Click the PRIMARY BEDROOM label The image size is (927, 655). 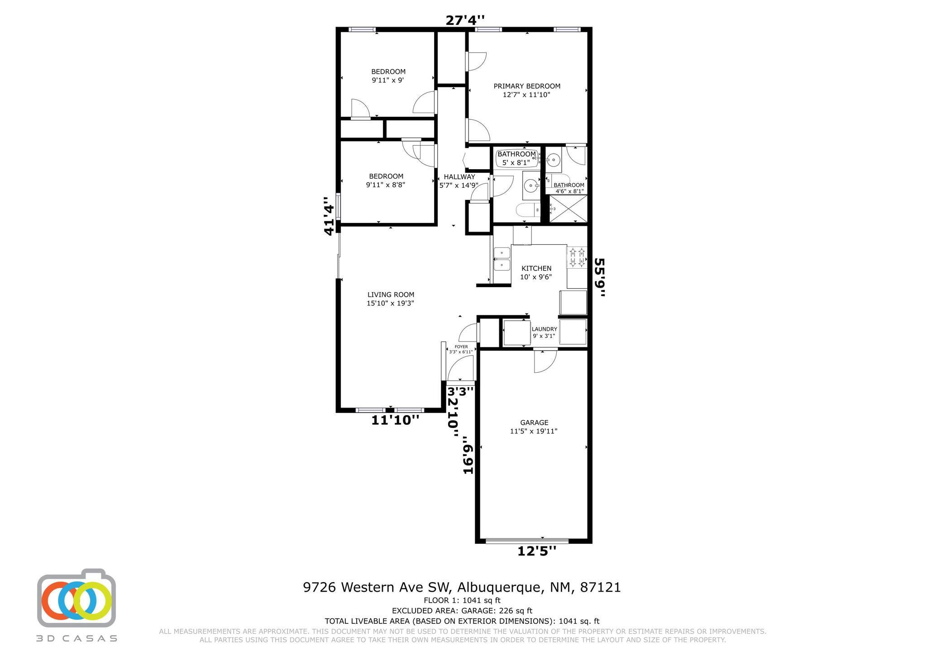(x=527, y=86)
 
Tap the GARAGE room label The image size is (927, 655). (x=534, y=422)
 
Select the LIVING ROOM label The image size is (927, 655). (x=391, y=294)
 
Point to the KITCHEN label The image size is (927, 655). (x=536, y=268)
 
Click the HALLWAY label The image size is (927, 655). (x=459, y=177)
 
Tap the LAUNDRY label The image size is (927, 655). (x=545, y=329)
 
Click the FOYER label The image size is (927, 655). (x=461, y=347)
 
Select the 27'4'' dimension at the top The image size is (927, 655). (x=465, y=20)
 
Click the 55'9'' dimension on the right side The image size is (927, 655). (x=599, y=277)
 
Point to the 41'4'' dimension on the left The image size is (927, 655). (x=329, y=216)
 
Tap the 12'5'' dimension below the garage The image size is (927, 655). (x=537, y=551)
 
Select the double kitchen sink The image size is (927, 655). (x=502, y=259)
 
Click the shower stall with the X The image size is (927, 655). (x=568, y=209)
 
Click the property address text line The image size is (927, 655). (x=462, y=587)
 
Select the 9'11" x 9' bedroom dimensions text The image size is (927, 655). (x=388, y=80)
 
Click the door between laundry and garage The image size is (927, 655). (x=545, y=360)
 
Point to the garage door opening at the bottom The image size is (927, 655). (x=527, y=540)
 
